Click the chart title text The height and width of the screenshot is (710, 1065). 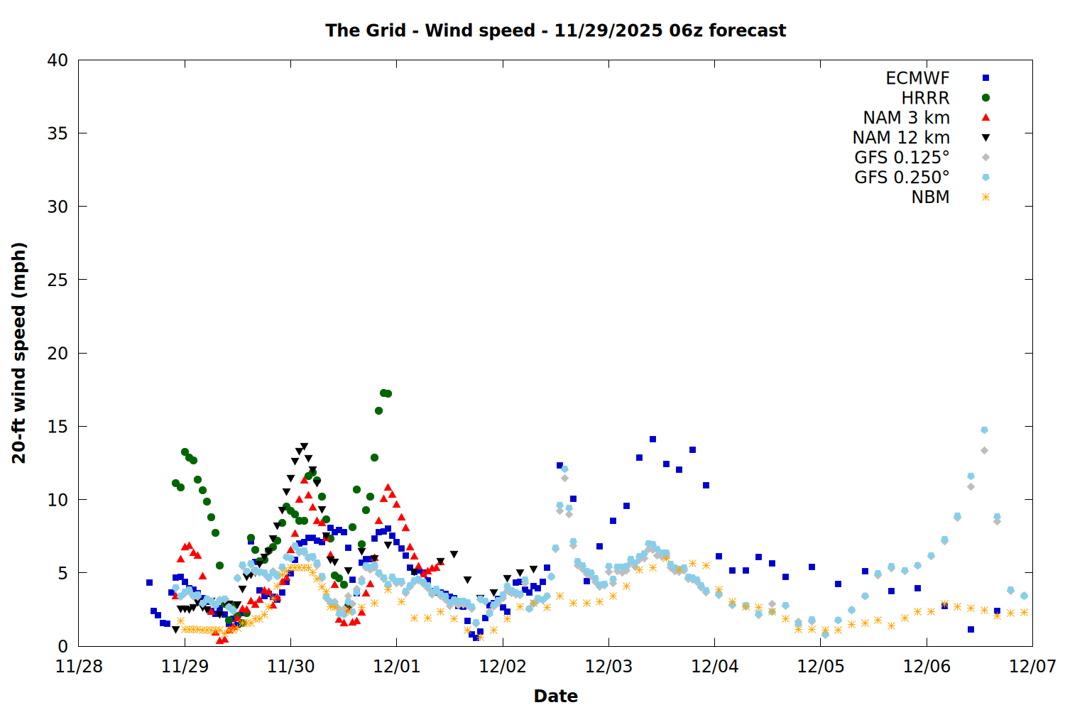(555, 31)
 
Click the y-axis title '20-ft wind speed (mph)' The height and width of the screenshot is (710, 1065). (19, 353)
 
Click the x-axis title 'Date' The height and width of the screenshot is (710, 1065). (555, 696)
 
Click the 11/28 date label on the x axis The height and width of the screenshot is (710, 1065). (79, 667)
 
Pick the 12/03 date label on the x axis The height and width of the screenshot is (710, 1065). (608, 667)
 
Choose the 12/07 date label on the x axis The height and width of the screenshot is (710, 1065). (1032, 667)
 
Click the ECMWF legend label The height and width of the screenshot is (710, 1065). (917, 78)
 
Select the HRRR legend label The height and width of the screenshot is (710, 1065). (925, 98)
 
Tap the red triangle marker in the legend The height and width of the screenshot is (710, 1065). (985, 118)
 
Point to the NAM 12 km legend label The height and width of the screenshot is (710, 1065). (901, 138)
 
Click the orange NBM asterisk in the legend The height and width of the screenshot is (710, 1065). (985, 197)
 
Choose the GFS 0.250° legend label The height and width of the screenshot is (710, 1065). (902, 177)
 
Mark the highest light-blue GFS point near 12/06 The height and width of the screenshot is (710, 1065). (984, 430)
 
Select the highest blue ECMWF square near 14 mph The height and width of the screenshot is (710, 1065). (652, 439)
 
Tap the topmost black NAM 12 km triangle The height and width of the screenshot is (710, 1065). (304, 447)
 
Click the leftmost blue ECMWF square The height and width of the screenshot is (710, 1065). (149, 582)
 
